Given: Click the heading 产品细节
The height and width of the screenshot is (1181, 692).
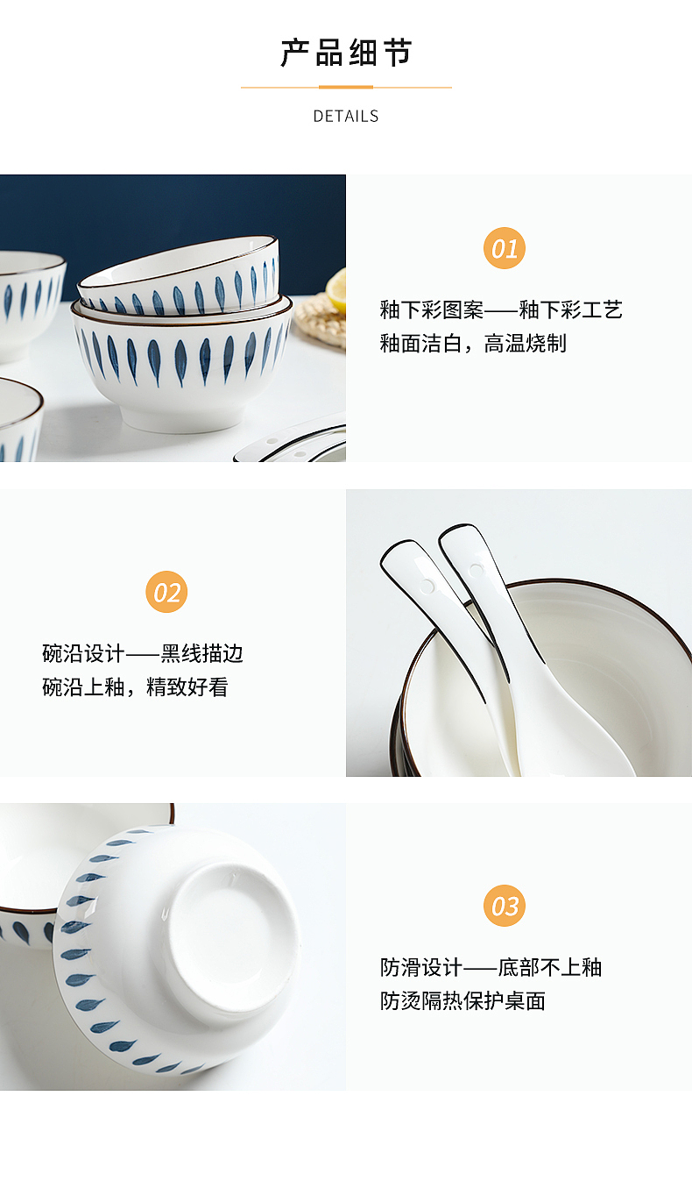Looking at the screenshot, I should [346, 53].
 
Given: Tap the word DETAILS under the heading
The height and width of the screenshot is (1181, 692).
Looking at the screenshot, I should [346, 116].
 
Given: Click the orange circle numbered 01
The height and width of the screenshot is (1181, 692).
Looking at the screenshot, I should [505, 248].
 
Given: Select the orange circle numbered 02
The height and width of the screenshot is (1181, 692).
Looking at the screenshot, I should [166, 592].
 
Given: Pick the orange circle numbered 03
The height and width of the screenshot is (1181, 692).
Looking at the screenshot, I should [505, 906].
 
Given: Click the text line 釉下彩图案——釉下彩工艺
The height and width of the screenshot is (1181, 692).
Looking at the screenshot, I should [500, 309].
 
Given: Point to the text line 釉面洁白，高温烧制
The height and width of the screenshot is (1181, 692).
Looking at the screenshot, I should [472, 344].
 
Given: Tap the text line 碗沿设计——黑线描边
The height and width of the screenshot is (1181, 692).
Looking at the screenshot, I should [143, 653].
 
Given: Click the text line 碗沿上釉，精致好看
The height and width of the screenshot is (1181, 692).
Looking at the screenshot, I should [135, 687].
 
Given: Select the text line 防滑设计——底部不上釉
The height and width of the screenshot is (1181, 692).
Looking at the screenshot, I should [491, 967].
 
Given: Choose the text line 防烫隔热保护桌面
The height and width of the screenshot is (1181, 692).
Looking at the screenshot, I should [463, 1000].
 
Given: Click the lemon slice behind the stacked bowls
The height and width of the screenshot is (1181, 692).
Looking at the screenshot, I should [336, 289].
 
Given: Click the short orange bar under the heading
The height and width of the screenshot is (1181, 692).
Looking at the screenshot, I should [346, 88].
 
